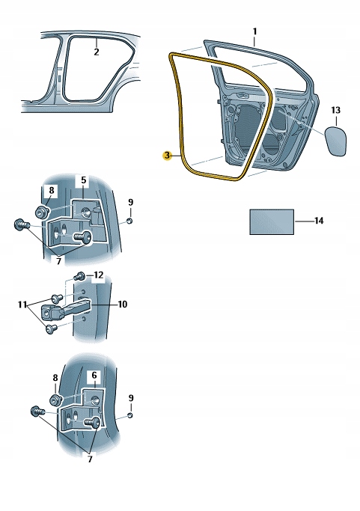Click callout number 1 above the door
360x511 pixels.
pos(254,31)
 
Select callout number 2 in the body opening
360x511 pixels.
pos(96,52)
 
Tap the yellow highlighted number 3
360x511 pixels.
pos(167,155)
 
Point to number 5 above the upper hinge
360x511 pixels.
pos(83,180)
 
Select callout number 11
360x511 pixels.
pos(22,305)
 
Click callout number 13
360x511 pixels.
pos(336,111)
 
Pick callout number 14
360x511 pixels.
pos(320,221)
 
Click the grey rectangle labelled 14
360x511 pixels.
pos(270,222)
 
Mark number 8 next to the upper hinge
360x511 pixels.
pos(51,191)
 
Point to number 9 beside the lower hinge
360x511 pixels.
pos(130,397)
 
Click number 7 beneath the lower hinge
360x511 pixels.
pos(90,459)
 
